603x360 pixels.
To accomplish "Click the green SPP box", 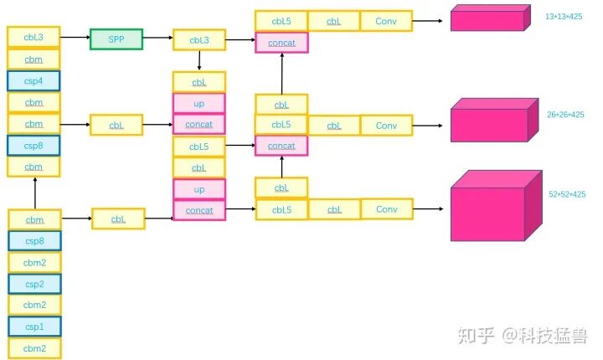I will (x=116, y=39).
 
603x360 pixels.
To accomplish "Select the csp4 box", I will (x=33, y=81).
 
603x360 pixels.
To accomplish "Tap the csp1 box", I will (x=33, y=327).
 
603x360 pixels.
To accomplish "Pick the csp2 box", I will (x=33, y=283).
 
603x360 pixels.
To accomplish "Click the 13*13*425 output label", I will (x=564, y=17).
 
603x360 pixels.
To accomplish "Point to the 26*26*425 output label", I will (x=565, y=115).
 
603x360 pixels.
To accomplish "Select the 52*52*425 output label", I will (x=567, y=194).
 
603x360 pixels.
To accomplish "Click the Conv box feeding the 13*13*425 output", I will (x=386, y=21).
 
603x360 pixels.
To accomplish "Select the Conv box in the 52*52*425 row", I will (x=386, y=209).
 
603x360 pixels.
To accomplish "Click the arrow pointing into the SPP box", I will (x=75, y=39).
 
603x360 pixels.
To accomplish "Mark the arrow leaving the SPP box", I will (x=157, y=39).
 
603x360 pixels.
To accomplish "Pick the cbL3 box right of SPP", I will (x=198, y=39).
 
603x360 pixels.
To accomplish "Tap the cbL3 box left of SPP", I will (x=33, y=37).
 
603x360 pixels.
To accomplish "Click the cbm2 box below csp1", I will (x=33, y=348).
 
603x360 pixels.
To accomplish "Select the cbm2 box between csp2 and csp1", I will (x=33, y=305).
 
